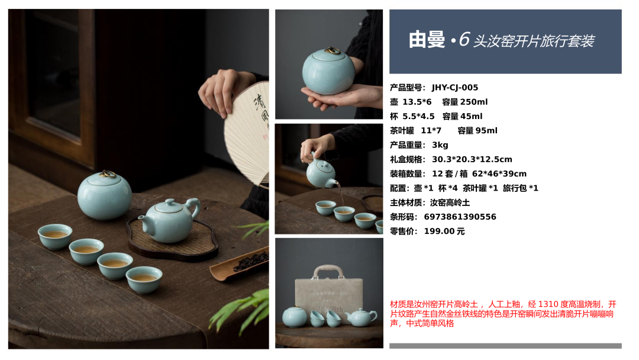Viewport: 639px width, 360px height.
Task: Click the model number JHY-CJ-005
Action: [455, 88]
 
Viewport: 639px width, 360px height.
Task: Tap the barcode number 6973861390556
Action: [460, 217]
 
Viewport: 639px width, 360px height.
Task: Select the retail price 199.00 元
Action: [444, 231]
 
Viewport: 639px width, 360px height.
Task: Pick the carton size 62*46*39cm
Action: [499, 173]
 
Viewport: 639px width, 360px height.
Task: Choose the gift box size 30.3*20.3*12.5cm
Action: [472, 159]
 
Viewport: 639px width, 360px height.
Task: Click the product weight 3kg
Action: [440, 145]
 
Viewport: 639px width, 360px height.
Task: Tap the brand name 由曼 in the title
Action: [427, 40]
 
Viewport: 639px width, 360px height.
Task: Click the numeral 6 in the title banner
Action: [464, 40]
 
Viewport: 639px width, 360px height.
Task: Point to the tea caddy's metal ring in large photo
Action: [107, 174]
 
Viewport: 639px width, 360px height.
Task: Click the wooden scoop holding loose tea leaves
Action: [239, 263]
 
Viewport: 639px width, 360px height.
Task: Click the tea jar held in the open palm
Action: [328, 71]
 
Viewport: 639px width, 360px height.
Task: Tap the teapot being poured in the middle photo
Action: [321, 173]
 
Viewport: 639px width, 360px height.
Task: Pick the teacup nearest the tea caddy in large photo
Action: [55, 236]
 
